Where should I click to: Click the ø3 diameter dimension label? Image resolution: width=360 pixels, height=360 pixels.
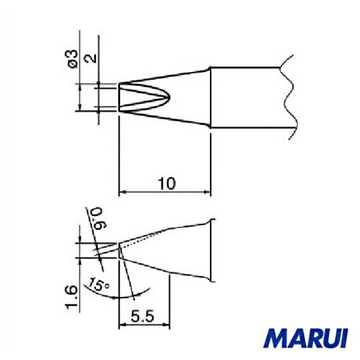click(x=73, y=59)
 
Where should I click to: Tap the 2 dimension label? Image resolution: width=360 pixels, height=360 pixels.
click(x=91, y=58)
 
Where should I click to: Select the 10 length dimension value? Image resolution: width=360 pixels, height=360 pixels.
click(x=167, y=184)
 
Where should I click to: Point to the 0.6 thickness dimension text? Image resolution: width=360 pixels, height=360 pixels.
click(x=99, y=218)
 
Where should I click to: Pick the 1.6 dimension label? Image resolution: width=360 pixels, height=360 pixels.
click(x=71, y=298)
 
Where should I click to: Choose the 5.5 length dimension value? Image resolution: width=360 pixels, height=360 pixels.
click(x=142, y=317)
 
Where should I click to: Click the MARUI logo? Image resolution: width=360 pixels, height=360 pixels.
click(x=305, y=338)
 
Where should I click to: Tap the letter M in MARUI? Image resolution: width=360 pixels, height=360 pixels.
click(x=275, y=338)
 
